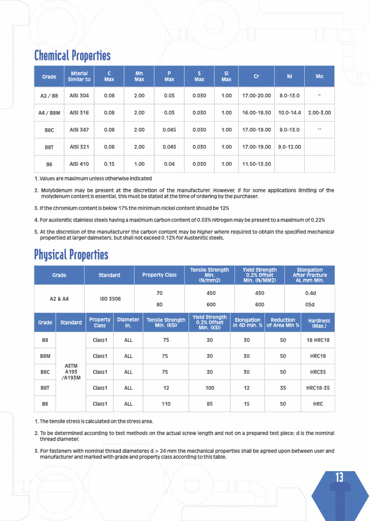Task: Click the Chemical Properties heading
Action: tap(72, 55)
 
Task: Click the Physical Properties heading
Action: tap(71, 254)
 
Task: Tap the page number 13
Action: tap(339, 477)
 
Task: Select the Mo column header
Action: tap(320, 76)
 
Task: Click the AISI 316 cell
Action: tap(79, 112)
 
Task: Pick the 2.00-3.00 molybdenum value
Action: tap(320, 112)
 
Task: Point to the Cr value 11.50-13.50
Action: tap(256, 164)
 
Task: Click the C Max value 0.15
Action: tap(109, 164)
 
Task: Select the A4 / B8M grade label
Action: tap(49, 112)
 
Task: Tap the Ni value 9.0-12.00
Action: tap(289, 147)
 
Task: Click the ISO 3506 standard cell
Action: tap(110, 299)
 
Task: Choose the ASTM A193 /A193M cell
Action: tap(71, 372)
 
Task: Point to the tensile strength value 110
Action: tap(165, 403)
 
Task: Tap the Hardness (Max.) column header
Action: tap(319, 323)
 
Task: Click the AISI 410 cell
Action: tap(79, 164)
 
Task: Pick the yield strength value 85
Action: tap(209, 403)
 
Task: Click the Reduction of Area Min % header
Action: tap(283, 323)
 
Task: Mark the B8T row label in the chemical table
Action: tap(49, 147)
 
